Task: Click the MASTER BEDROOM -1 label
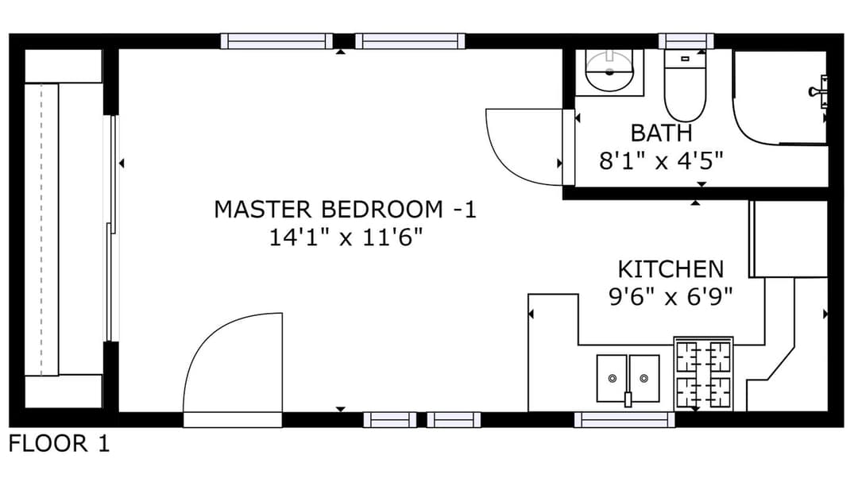tap(346, 210)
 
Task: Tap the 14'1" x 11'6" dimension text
tap(346, 237)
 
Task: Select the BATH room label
tap(661, 133)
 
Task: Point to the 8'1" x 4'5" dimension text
tap(661, 160)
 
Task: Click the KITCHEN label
tap(671, 269)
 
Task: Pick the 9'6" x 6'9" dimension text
tap(671, 297)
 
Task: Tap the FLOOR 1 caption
tap(59, 443)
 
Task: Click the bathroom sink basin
tap(609, 71)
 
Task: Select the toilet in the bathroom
tap(685, 85)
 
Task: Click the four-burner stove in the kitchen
tap(704, 373)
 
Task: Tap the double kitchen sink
tap(628, 379)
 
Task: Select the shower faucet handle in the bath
tap(819, 91)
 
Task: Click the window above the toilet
tap(686, 41)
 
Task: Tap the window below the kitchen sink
tap(624, 420)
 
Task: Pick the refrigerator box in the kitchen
tap(788, 239)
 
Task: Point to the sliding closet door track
tap(112, 228)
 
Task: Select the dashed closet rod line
tap(41, 230)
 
